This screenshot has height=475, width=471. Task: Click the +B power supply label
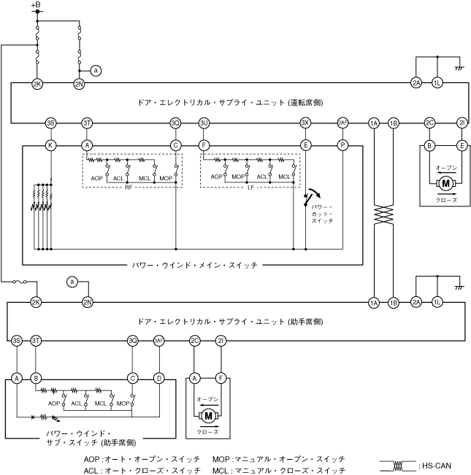pyautogui.click(x=37, y=6)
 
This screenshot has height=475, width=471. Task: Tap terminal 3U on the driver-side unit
pyautogui.click(x=204, y=123)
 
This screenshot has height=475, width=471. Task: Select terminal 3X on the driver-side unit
pyautogui.click(x=305, y=123)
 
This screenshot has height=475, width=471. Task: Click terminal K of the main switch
pyautogui.click(x=50, y=145)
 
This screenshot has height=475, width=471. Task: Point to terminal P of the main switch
pyautogui.click(x=342, y=145)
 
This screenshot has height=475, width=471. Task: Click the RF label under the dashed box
pyautogui.click(x=129, y=188)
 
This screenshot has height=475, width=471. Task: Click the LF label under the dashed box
pyautogui.click(x=250, y=188)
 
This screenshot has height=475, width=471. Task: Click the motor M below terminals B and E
pyautogui.click(x=445, y=182)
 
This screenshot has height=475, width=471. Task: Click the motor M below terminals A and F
pyautogui.click(x=208, y=415)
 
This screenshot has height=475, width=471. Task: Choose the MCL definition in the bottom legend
pyautogui.click(x=278, y=471)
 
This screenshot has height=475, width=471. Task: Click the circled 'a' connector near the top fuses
pyautogui.click(x=96, y=71)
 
